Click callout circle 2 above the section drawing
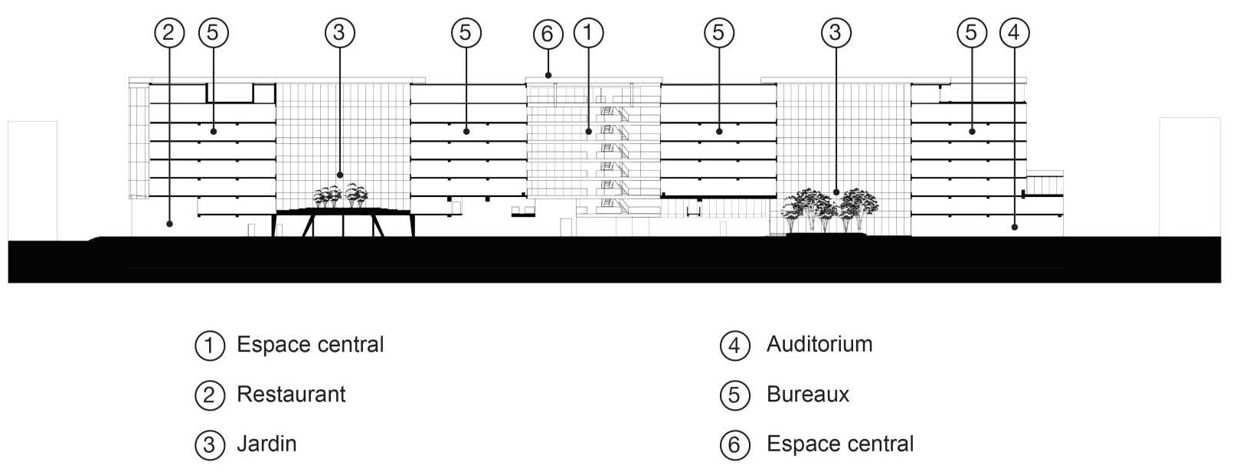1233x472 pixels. [x=170, y=32]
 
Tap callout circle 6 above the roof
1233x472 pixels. [x=548, y=34]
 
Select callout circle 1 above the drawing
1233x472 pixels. [x=589, y=32]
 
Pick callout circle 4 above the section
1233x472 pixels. [x=1015, y=32]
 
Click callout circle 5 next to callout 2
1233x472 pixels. [x=214, y=32]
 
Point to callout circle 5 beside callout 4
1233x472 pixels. [x=972, y=32]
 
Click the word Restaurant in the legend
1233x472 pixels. [x=291, y=395]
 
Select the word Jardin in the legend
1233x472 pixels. [x=267, y=444]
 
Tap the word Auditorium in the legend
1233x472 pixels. [x=819, y=344]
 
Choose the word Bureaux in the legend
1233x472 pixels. [x=808, y=395]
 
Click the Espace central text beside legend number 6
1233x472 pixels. [x=840, y=444]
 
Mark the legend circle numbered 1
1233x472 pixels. [x=210, y=346]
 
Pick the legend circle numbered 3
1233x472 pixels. [x=210, y=444]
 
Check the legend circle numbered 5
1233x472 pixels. [x=734, y=395]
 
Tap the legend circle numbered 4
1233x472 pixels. [x=734, y=346]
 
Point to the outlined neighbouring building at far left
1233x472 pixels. [x=33, y=180]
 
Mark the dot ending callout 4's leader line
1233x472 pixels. [x=1015, y=227]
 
